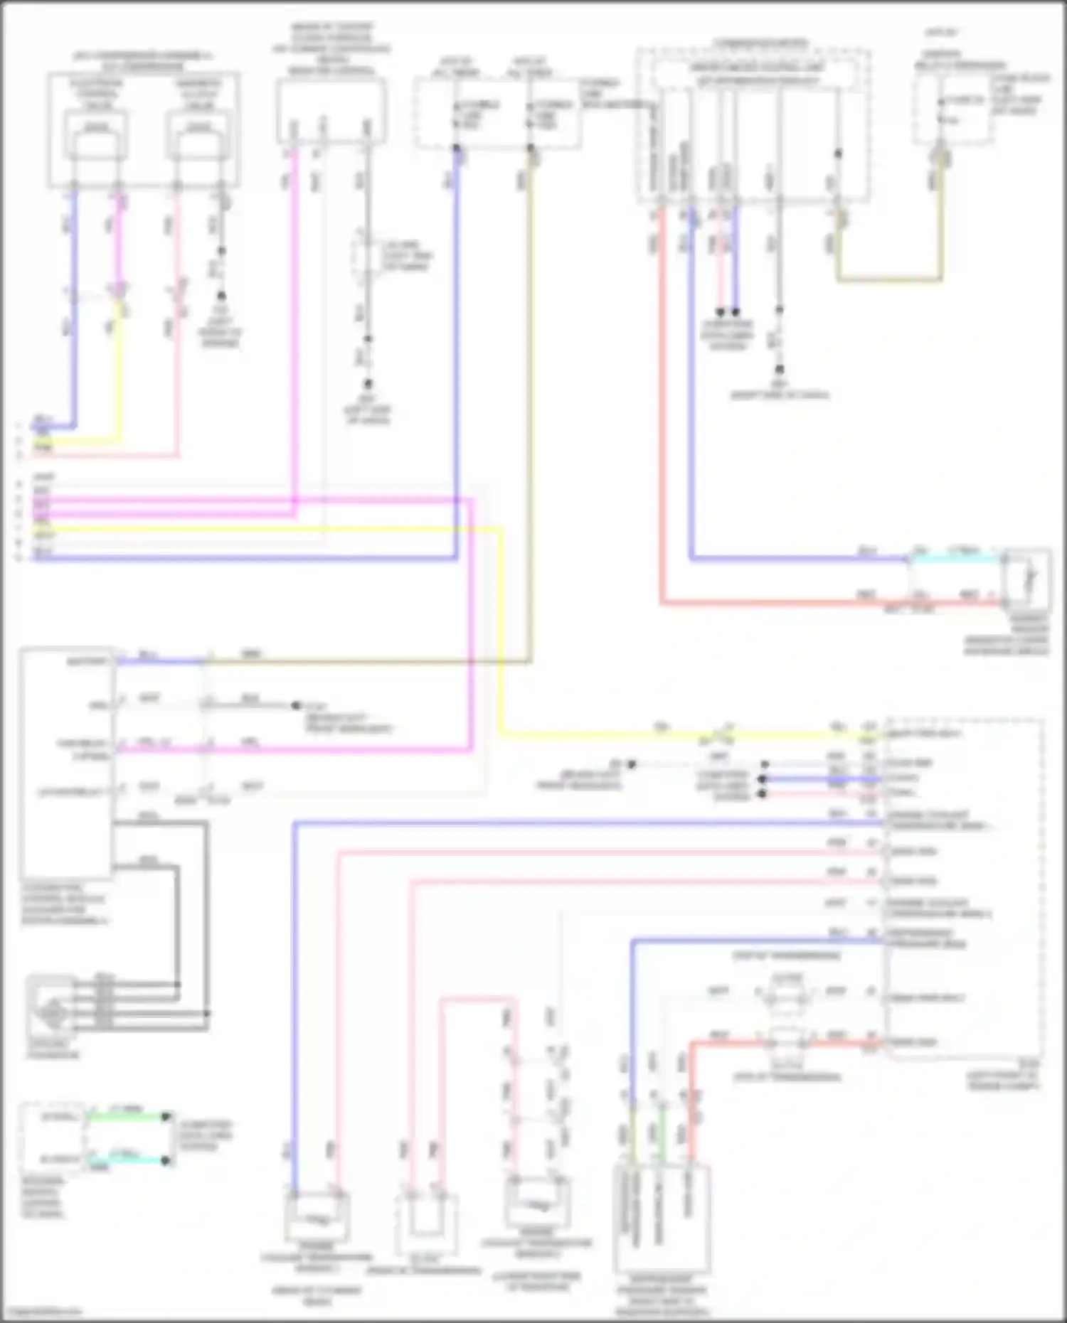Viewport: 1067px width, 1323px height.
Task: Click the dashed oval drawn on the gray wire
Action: tap(368, 257)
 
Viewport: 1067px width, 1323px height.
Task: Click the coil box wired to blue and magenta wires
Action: tap(97, 135)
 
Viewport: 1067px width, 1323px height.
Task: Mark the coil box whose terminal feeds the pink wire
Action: tap(198, 135)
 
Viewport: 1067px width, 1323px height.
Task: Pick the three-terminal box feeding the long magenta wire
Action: tap(331, 110)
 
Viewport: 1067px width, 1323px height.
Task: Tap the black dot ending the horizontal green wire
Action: tap(166, 1117)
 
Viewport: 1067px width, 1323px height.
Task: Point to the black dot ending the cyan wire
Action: tap(166, 1161)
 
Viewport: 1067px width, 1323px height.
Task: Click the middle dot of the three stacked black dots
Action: tap(764, 778)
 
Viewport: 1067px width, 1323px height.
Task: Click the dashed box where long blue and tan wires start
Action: tap(497, 114)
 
